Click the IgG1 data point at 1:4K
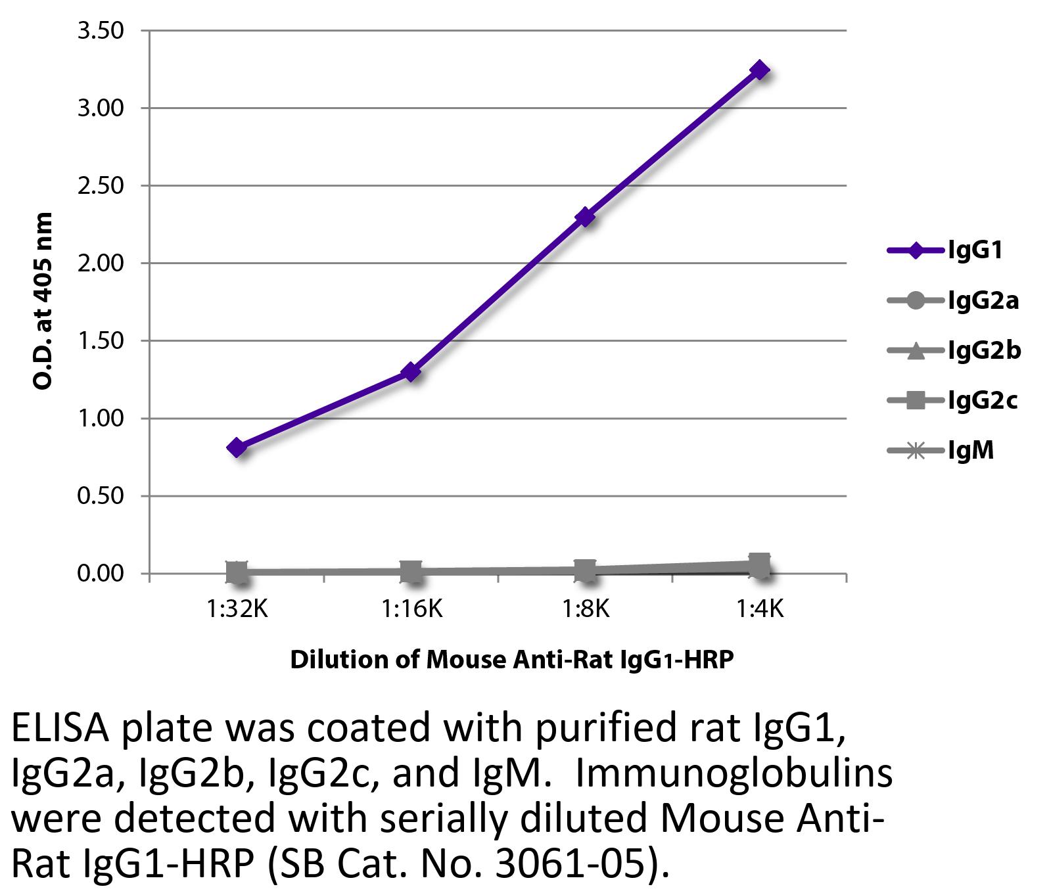760,70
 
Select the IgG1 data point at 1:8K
585,217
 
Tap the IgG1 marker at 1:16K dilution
411,372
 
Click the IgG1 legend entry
946,250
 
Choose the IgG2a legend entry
953,301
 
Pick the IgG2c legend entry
953,400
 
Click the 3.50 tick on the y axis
101,31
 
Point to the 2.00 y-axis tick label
101,264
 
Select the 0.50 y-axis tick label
101,496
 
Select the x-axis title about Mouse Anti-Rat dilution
511,659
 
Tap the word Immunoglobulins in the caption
734,774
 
